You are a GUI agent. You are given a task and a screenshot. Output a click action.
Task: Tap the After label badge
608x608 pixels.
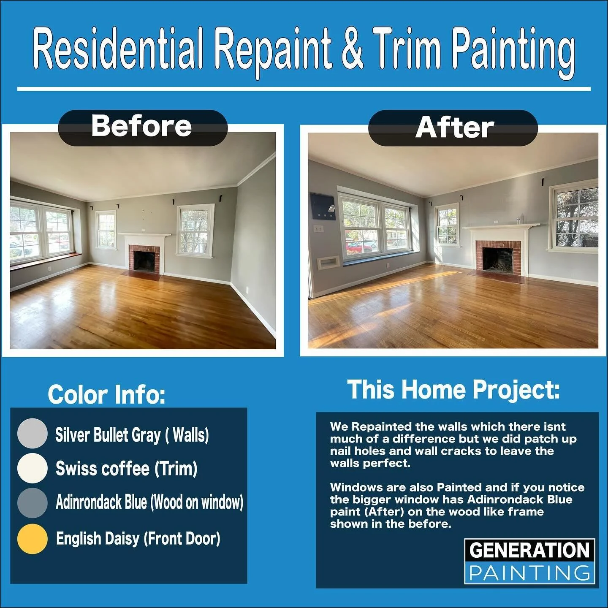pyautogui.click(x=453, y=128)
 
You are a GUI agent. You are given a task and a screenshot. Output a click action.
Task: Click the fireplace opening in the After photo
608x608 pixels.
pyautogui.click(x=498, y=259)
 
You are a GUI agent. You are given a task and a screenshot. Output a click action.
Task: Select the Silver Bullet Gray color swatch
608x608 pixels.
pyautogui.click(x=32, y=434)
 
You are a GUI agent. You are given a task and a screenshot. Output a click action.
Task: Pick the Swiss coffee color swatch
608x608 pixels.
pyautogui.click(x=32, y=468)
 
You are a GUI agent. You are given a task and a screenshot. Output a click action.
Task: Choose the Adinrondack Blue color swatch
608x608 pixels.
pyautogui.click(x=32, y=502)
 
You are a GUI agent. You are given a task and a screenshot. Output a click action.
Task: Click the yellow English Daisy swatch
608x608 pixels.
pyautogui.click(x=32, y=538)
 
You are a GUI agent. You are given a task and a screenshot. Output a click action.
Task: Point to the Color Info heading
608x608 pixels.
pyautogui.click(x=106, y=394)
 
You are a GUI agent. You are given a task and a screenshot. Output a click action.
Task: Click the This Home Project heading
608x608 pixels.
pyautogui.click(x=453, y=389)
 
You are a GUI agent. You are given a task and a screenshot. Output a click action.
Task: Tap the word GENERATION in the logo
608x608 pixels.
pyautogui.click(x=529, y=551)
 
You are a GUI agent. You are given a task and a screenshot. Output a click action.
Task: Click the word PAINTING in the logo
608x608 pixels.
pyautogui.click(x=529, y=573)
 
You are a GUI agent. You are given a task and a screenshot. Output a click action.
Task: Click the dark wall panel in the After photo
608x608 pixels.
pyautogui.click(x=323, y=206)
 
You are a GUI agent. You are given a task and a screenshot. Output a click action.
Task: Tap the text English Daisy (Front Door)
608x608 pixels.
pyautogui.click(x=138, y=538)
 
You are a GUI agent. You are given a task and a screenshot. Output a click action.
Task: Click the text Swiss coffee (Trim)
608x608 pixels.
pyautogui.click(x=126, y=468)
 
